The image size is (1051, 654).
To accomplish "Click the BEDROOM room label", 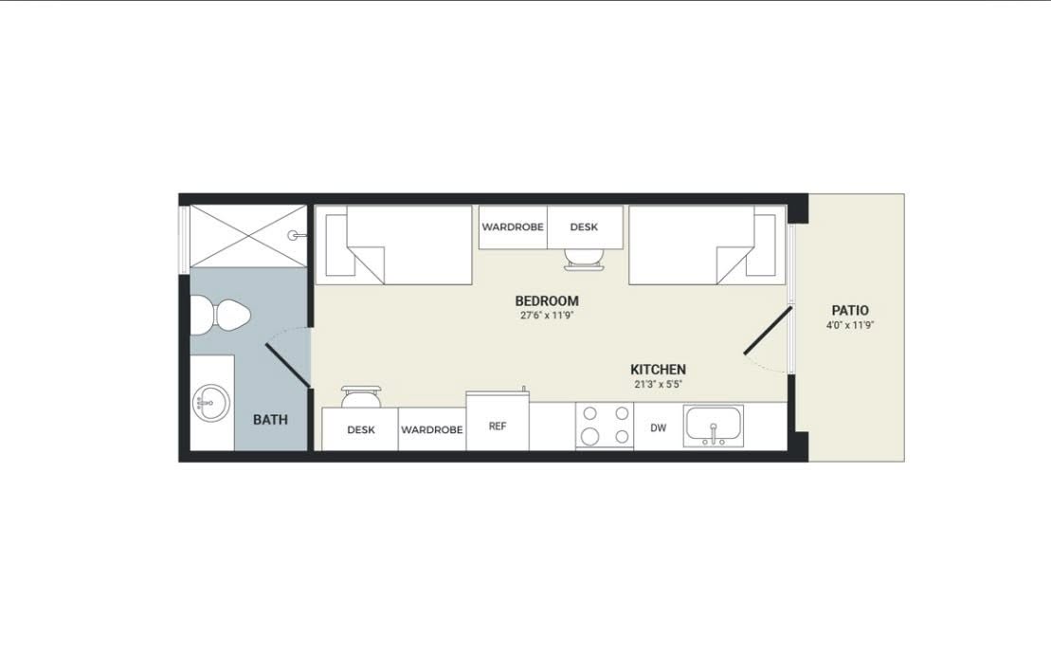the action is [546, 300].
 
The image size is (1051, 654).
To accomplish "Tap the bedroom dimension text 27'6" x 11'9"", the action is [547, 316].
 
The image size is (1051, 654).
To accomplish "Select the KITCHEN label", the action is [659, 370].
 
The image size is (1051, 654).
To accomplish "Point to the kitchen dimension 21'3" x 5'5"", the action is [659, 385].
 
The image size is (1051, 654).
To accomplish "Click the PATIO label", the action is [850, 310].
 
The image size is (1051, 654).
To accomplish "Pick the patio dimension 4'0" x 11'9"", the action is [850, 326].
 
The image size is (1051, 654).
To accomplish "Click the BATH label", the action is [270, 420].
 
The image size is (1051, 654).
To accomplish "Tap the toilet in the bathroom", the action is [219, 316].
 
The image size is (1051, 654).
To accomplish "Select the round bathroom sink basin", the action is [210, 404].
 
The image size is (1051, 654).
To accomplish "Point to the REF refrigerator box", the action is [498, 421].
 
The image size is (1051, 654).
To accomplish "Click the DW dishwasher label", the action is [659, 427].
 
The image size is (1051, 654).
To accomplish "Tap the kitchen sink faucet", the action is [714, 433].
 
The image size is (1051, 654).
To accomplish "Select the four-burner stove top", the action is [605, 426].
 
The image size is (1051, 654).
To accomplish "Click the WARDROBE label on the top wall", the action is [513, 227].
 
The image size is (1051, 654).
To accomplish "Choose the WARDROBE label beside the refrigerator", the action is [431, 429].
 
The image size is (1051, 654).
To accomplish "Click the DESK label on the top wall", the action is [584, 227].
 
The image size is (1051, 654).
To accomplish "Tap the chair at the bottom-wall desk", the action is [361, 396].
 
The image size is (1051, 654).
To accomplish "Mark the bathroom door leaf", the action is [288, 366].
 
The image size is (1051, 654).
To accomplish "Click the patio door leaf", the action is [769, 331].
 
